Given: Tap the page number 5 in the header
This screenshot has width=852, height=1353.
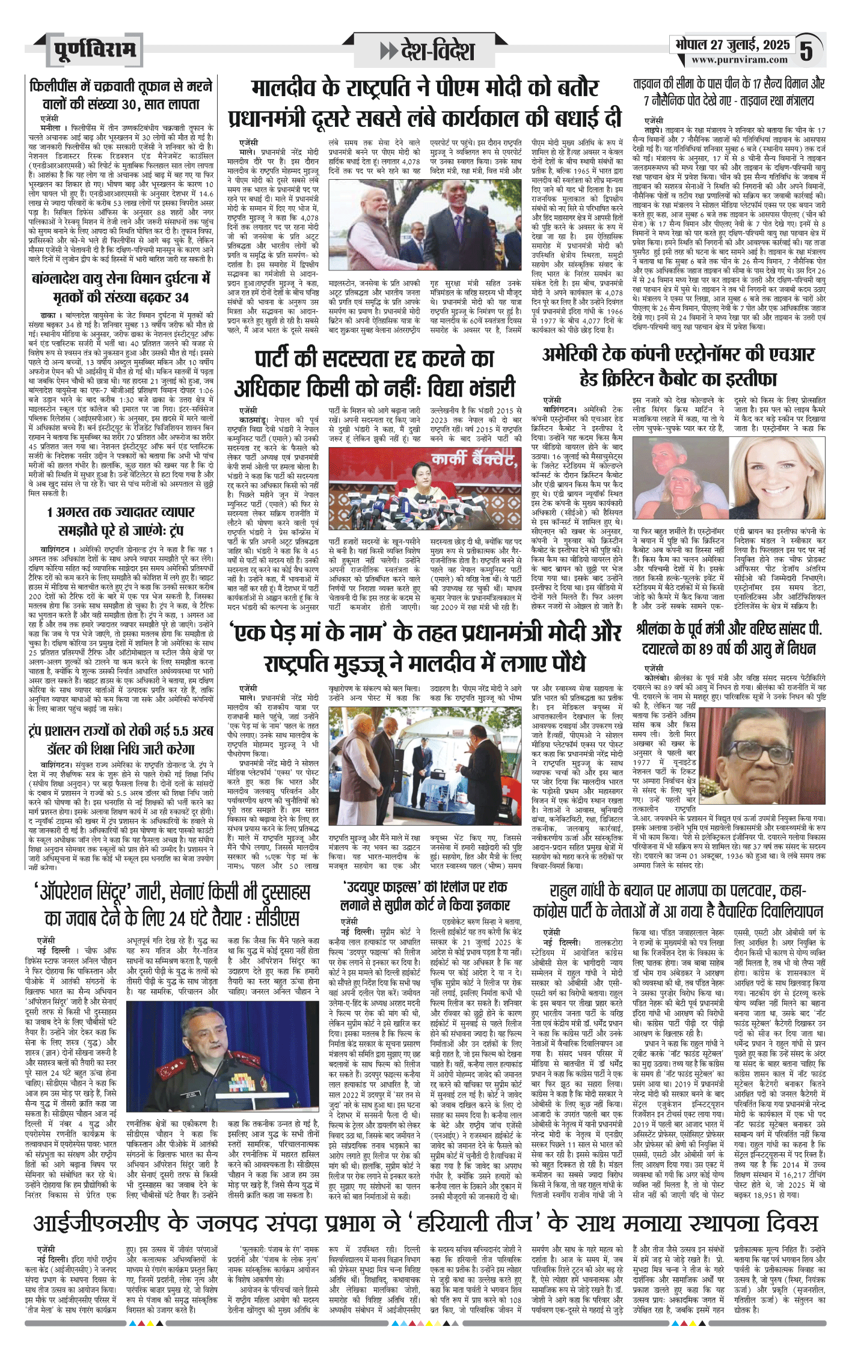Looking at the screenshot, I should pyautogui.click(x=807, y=49).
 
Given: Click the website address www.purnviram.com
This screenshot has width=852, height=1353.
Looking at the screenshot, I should pyautogui.click(x=739, y=60).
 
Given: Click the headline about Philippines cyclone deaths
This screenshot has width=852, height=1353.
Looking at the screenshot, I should pyautogui.click(x=121, y=94).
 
